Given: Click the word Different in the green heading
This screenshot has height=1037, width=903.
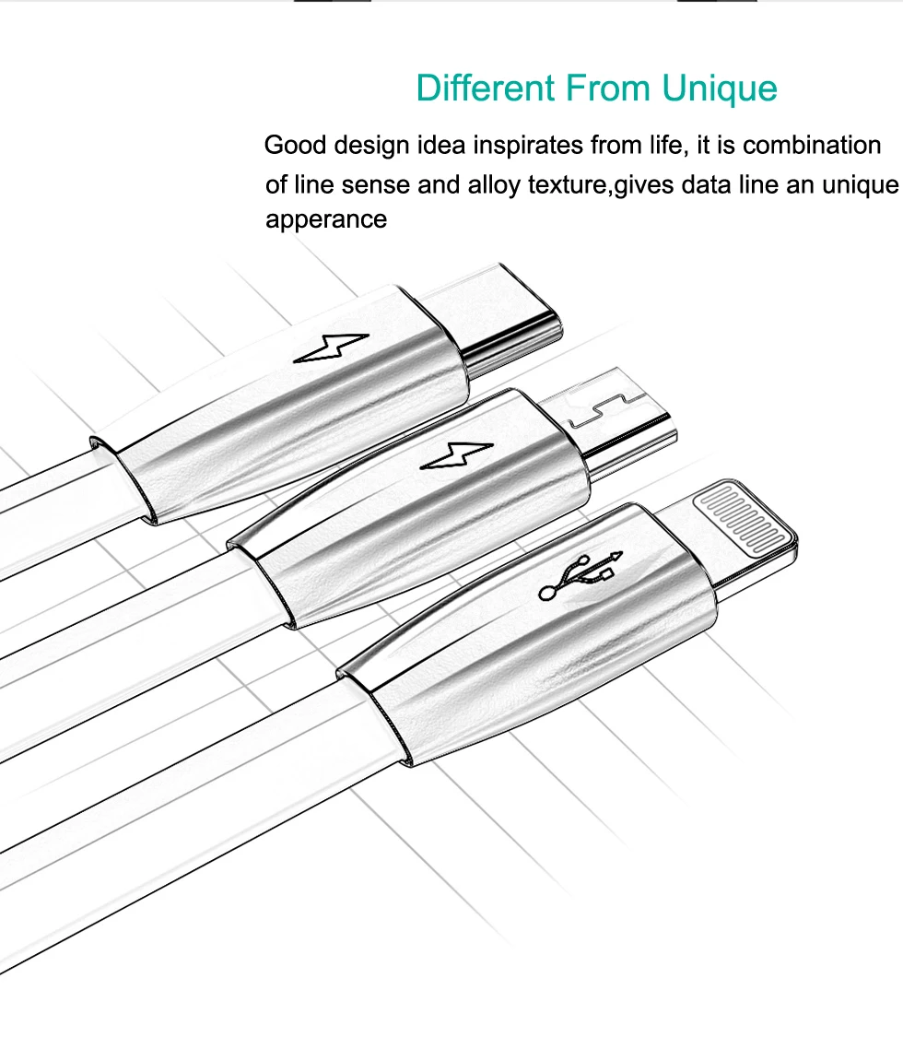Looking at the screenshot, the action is pos(486,88).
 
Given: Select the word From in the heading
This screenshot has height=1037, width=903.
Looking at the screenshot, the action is pos(608,88).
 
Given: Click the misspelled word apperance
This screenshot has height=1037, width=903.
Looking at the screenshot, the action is pos(326,219).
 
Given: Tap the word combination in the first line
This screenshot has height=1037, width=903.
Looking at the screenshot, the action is pos(812,145).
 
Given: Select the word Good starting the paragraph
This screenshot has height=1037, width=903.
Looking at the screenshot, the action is pos(294,145).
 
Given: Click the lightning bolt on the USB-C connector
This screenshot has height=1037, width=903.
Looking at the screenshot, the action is pos(331,348).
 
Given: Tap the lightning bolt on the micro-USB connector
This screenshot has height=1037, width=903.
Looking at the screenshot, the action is pos(457,456).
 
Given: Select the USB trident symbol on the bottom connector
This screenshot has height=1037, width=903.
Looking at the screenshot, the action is pos(580,577).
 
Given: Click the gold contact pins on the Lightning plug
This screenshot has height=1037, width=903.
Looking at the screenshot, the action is pos(743,518).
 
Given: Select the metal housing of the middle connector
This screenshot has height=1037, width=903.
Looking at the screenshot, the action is pos(410,508).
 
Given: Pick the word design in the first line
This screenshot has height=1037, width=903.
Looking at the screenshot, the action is pos(371,146).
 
